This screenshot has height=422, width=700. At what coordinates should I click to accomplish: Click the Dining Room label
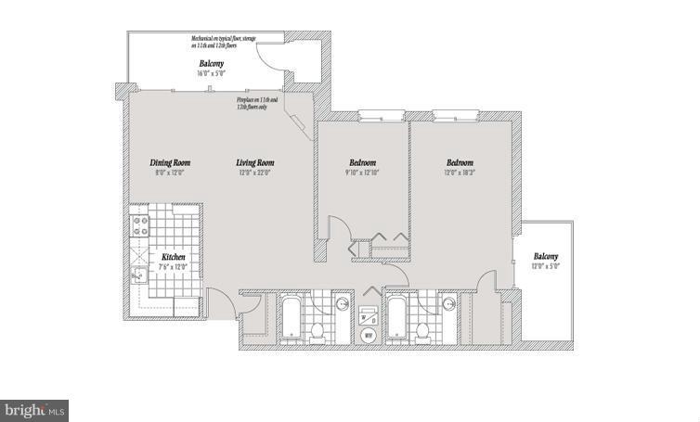(170, 162)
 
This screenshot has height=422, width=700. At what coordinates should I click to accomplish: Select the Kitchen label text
(175, 257)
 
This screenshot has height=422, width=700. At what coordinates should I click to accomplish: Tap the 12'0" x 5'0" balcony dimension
(546, 266)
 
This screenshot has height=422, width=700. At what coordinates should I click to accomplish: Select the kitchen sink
(138, 273)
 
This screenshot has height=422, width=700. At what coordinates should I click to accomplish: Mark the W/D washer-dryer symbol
(369, 315)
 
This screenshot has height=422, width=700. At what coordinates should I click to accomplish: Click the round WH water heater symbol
(368, 335)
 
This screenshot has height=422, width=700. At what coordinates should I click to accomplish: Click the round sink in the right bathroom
(449, 303)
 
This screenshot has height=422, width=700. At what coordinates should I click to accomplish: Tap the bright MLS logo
(35, 409)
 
